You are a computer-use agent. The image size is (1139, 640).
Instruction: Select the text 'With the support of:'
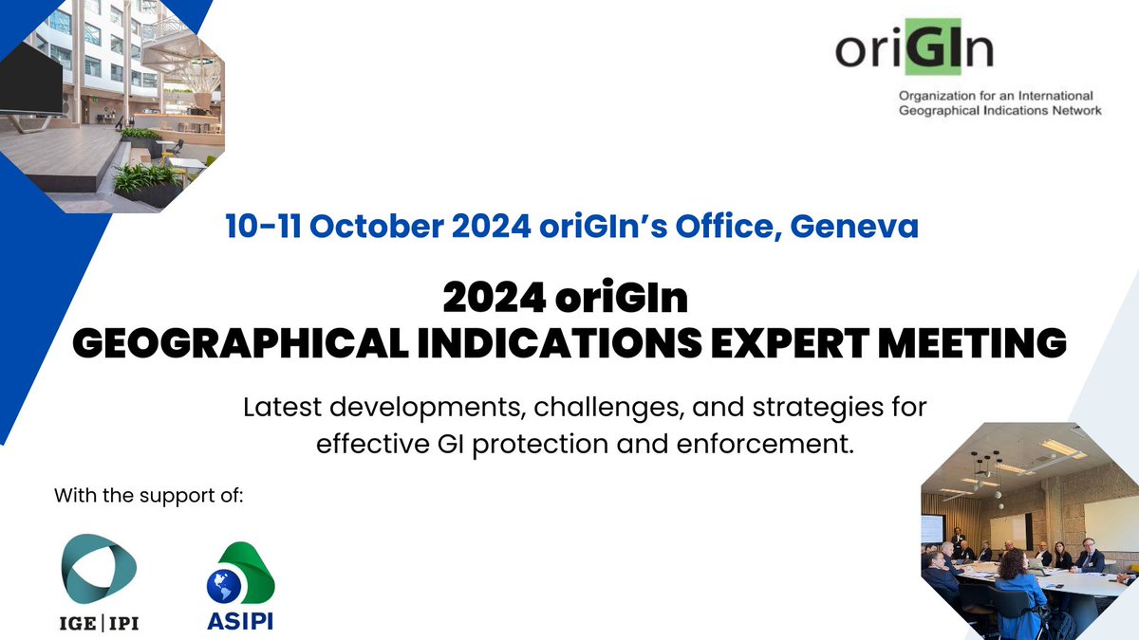pyautogui.click(x=149, y=495)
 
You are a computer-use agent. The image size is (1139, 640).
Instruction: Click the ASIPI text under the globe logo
pyautogui.click(x=240, y=623)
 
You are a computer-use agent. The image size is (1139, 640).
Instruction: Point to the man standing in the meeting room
pyautogui.click(x=959, y=541)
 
